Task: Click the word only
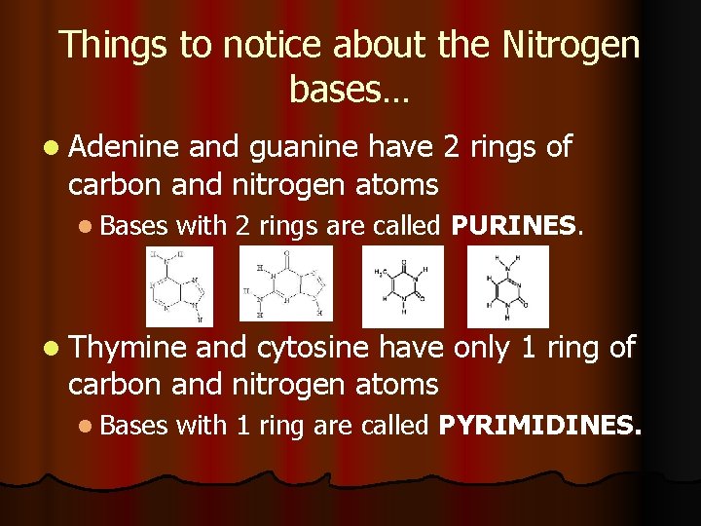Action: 481,348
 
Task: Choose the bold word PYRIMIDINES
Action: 540,425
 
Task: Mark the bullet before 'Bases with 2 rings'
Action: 88,227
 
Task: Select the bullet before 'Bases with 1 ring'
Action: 88,426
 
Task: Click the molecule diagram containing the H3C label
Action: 402,286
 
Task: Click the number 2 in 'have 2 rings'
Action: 450,148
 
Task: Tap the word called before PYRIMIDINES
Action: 396,425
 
